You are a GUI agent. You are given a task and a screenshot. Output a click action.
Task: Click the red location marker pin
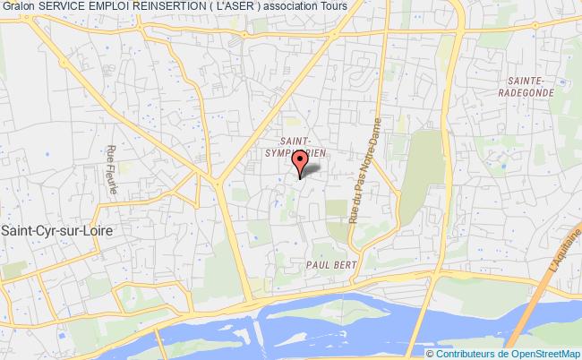pos(301,161)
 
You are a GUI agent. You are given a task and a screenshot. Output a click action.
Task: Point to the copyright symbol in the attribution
pos(432,353)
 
